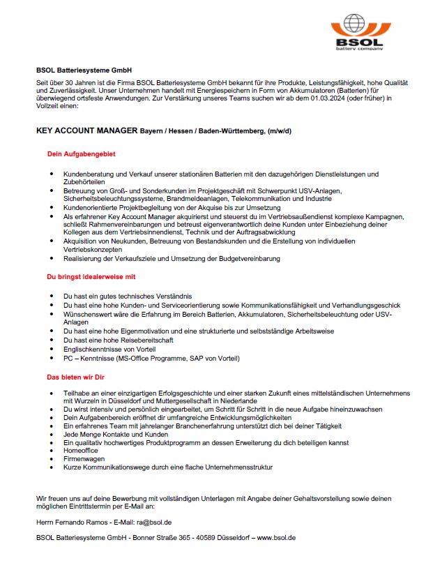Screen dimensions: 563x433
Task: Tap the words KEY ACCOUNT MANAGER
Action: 86,130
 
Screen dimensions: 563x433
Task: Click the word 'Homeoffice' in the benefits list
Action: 82,451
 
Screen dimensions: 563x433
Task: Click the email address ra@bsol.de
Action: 155,521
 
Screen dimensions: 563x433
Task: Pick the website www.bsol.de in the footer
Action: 276,538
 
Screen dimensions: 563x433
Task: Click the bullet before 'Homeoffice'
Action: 53,451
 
